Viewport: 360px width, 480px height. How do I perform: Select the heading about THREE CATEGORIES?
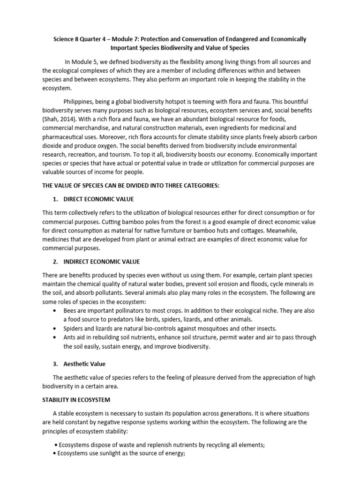[131, 186]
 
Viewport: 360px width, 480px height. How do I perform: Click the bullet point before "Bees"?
[57, 311]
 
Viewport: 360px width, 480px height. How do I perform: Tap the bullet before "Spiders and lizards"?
[57, 328]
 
